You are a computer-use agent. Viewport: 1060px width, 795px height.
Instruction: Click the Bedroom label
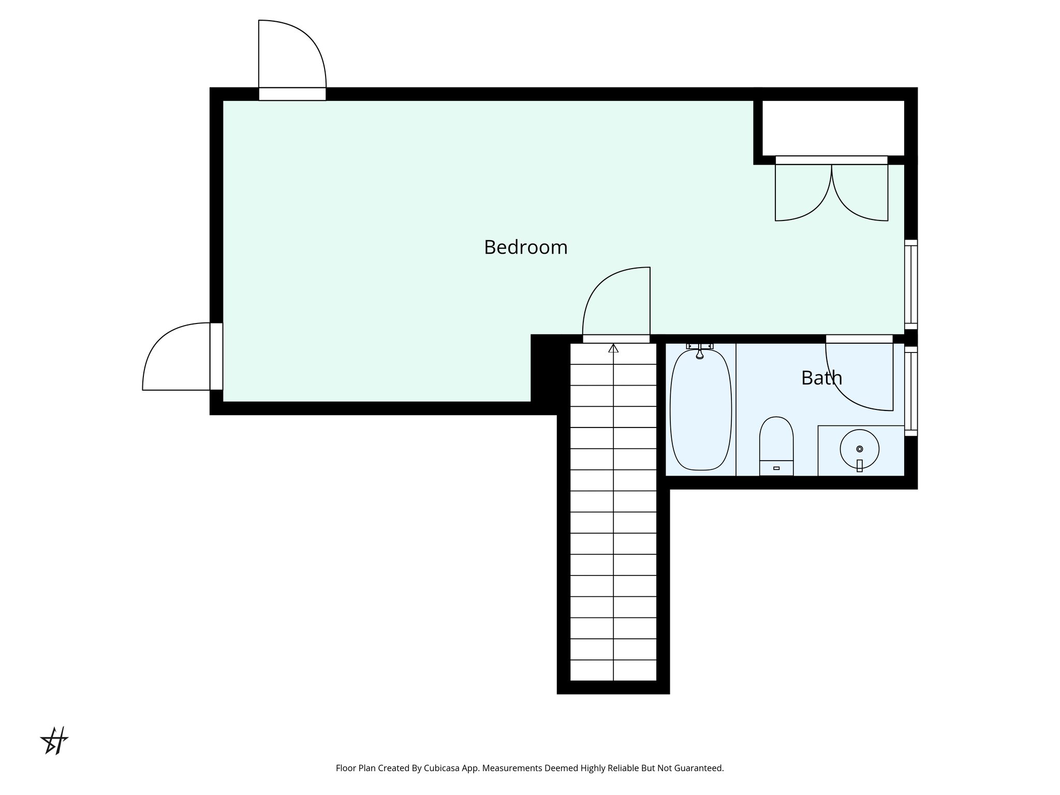pos(525,247)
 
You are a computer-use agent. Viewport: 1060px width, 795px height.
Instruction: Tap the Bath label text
pos(821,378)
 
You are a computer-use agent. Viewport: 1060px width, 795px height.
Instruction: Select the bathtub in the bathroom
pos(700,410)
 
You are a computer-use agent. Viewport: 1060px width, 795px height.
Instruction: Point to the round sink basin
pos(859,449)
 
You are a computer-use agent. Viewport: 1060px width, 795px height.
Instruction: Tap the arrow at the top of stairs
pos(613,348)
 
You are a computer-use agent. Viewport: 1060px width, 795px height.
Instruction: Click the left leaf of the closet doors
pos(802,194)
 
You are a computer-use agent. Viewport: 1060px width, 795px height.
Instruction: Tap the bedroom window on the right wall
pos(911,284)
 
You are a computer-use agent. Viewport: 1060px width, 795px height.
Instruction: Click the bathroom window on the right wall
pos(911,391)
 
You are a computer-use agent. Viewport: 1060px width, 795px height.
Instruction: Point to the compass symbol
pos(55,740)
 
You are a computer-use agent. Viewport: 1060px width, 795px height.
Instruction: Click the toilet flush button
pos(776,468)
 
